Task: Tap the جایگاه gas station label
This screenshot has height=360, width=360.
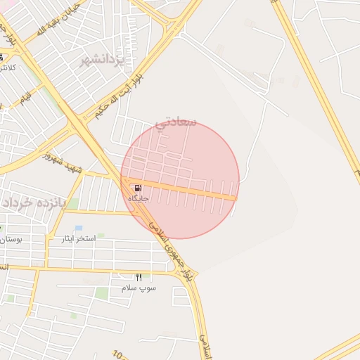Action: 139,199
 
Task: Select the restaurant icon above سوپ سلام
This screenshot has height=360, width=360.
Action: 139,278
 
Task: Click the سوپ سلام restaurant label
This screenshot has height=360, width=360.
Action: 139,288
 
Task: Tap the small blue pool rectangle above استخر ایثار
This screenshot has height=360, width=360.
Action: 78,229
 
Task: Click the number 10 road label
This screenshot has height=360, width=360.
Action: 117,355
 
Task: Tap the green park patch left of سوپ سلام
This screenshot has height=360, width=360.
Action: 103,292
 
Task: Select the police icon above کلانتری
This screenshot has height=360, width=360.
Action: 1,57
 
